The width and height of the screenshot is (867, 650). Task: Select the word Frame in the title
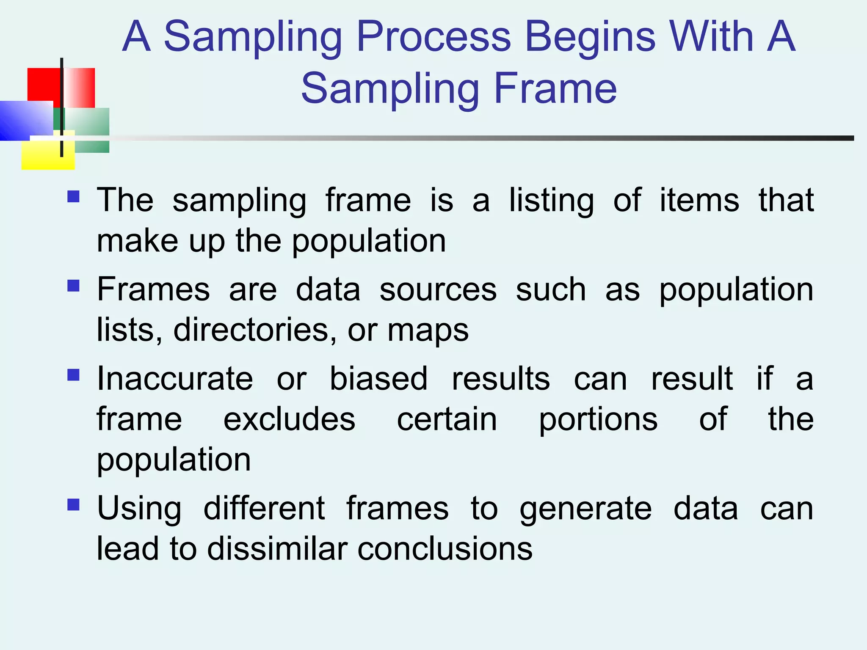tap(555, 89)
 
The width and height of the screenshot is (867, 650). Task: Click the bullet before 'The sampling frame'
tap(73, 197)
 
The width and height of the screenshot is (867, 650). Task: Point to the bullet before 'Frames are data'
tap(73, 286)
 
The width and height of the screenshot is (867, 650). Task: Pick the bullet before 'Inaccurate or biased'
tap(73, 375)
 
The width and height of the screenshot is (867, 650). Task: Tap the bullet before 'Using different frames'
tap(73, 504)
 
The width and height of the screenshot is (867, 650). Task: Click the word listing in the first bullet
tap(551, 201)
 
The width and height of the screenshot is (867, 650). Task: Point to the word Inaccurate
tap(175, 378)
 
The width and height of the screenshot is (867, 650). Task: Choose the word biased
tap(378, 378)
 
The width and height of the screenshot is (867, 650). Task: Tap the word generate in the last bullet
tap(585, 510)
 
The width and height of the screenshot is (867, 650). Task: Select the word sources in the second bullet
tap(438, 290)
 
